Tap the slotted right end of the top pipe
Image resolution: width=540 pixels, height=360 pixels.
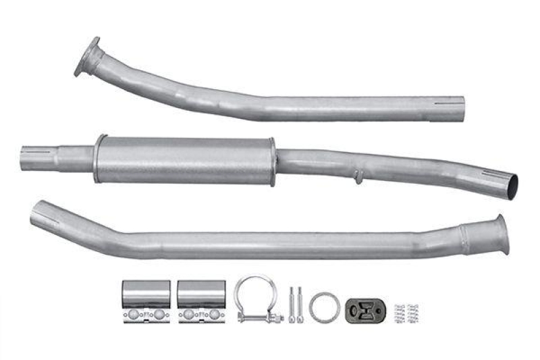454,109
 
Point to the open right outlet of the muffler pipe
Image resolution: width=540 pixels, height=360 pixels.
511,184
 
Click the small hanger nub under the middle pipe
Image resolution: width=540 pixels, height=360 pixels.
358,178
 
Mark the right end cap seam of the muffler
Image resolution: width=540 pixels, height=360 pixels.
272,161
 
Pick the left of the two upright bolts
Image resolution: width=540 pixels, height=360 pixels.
292,305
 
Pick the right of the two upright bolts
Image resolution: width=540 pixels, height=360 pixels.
299,305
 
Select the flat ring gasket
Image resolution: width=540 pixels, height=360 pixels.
325,307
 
